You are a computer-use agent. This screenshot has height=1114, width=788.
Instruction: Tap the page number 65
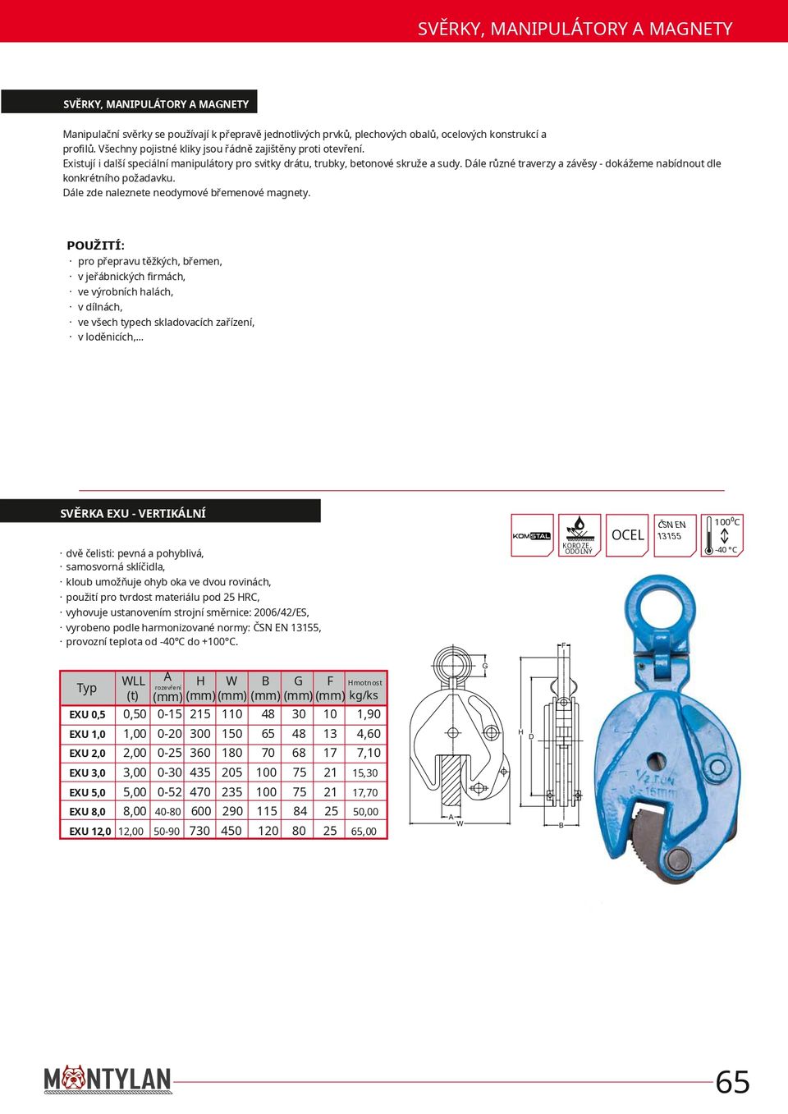click(732, 1082)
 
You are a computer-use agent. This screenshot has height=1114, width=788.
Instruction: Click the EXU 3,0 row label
click(87, 772)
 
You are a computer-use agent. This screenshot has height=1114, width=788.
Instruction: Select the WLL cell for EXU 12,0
click(131, 831)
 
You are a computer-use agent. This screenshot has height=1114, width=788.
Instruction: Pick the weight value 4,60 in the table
click(368, 734)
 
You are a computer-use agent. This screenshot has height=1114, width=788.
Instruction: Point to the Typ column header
click(87, 688)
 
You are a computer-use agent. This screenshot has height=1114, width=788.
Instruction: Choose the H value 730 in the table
click(200, 831)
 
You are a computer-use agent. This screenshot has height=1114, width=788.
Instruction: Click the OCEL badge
click(627, 535)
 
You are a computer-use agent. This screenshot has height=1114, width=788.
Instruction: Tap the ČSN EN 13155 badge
click(675, 535)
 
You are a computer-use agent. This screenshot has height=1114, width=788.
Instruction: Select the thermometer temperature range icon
click(722, 535)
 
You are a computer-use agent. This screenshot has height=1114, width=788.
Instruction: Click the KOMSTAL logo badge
click(532, 535)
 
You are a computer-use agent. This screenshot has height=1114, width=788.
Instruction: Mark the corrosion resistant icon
click(580, 535)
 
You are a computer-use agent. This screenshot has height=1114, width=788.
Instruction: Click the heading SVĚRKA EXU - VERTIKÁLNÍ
click(133, 513)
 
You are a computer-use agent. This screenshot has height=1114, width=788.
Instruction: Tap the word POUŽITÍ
click(94, 245)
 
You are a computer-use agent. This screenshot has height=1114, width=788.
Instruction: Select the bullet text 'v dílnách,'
click(100, 307)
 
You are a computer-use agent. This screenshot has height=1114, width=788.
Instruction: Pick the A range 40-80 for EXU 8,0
click(167, 812)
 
